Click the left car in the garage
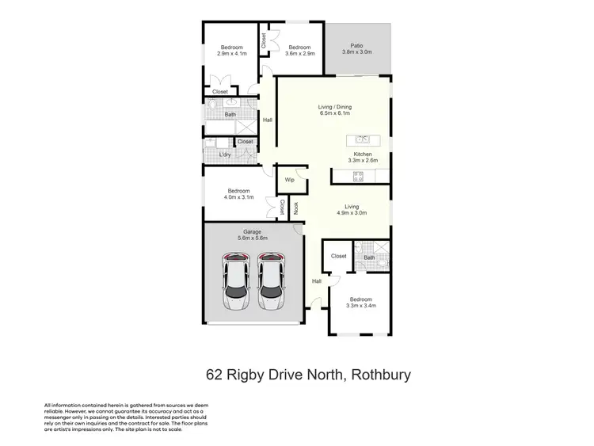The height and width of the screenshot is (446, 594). (235, 282)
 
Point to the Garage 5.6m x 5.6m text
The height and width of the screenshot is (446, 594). (253, 235)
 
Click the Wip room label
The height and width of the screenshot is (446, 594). (290, 181)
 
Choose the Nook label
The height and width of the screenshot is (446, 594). (296, 208)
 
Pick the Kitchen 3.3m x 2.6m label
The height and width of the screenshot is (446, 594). (363, 158)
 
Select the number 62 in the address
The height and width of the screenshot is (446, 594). (214, 375)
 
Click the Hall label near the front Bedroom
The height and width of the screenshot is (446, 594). (316, 281)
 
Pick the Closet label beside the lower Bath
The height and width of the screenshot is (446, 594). (338, 256)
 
